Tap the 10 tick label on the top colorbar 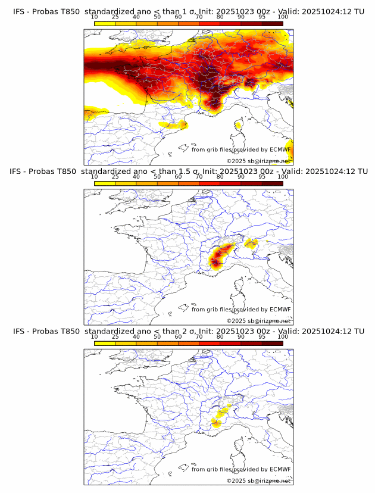coord(95,16)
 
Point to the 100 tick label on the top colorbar coord(283,16)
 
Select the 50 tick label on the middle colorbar coord(157,177)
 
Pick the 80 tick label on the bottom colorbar coord(220,337)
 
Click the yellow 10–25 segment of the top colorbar coord(105,23)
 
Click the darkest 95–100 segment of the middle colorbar coord(273,183)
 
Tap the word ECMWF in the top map coord(280,149)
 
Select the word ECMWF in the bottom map coord(280,469)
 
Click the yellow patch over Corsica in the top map coord(239,125)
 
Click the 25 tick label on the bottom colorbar coord(115,337)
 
